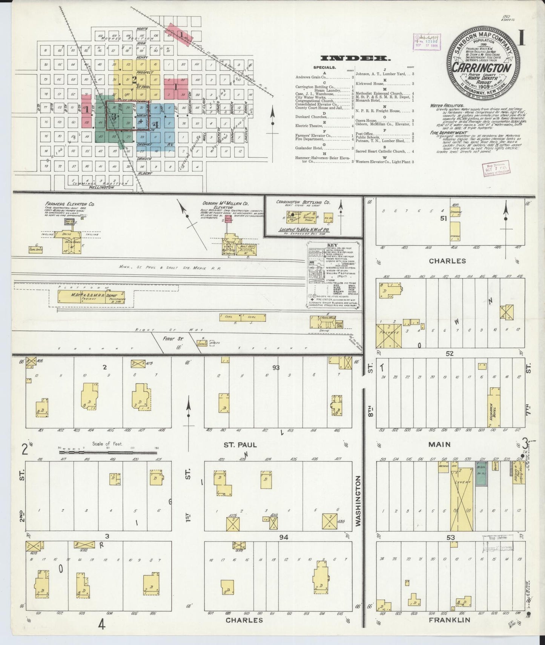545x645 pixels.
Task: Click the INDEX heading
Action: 355,58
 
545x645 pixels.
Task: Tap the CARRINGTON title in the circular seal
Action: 482,68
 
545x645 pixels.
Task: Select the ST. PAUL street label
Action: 240,445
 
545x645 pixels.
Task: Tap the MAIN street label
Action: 439,445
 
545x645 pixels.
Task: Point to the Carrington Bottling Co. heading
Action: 303,202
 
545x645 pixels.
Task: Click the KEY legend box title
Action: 332,244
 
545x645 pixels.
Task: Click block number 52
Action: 449,353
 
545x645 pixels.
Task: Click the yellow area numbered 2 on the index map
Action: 134,80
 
